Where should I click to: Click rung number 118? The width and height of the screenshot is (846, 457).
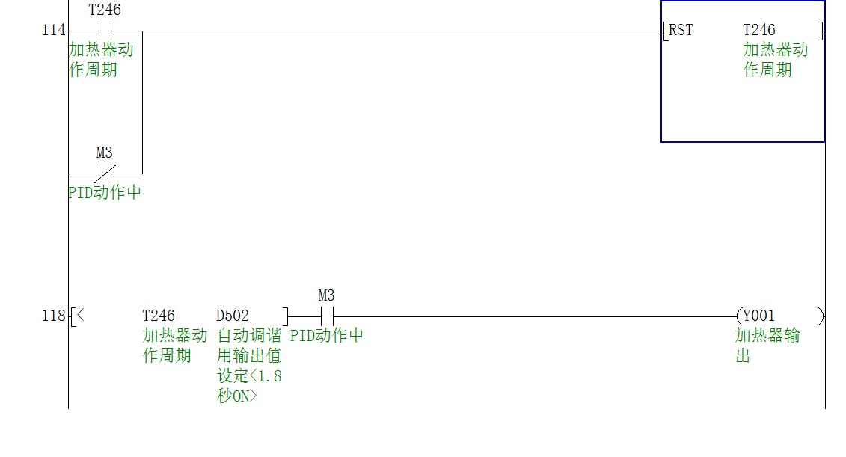(54, 316)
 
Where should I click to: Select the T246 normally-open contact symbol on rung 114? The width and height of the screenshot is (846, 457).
(105, 31)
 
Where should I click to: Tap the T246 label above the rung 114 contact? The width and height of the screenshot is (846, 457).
(105, 10)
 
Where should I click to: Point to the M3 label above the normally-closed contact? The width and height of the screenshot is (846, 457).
(105, 153)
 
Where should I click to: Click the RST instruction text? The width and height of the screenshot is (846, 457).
(681, 31)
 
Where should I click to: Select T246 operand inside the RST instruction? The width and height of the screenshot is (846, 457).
(758, 31)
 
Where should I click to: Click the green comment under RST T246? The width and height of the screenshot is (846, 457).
(775, 60)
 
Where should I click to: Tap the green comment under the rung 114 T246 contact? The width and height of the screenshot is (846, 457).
(100, 60)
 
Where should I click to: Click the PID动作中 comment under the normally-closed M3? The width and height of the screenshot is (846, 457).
(104, 193)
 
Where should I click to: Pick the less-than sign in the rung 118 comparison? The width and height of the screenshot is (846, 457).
(80, 316)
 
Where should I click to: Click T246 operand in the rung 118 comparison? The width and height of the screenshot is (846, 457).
(159, 316)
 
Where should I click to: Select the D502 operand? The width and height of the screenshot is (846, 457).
(233, 316)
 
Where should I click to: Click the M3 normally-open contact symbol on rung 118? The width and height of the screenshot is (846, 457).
(326, 316)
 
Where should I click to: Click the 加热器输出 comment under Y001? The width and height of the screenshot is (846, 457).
(767, 345)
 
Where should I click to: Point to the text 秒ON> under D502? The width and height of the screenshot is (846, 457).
(236, 396)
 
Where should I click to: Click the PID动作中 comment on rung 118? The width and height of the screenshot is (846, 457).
(327, 336)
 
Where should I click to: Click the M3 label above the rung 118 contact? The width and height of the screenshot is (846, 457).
(326, 296)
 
